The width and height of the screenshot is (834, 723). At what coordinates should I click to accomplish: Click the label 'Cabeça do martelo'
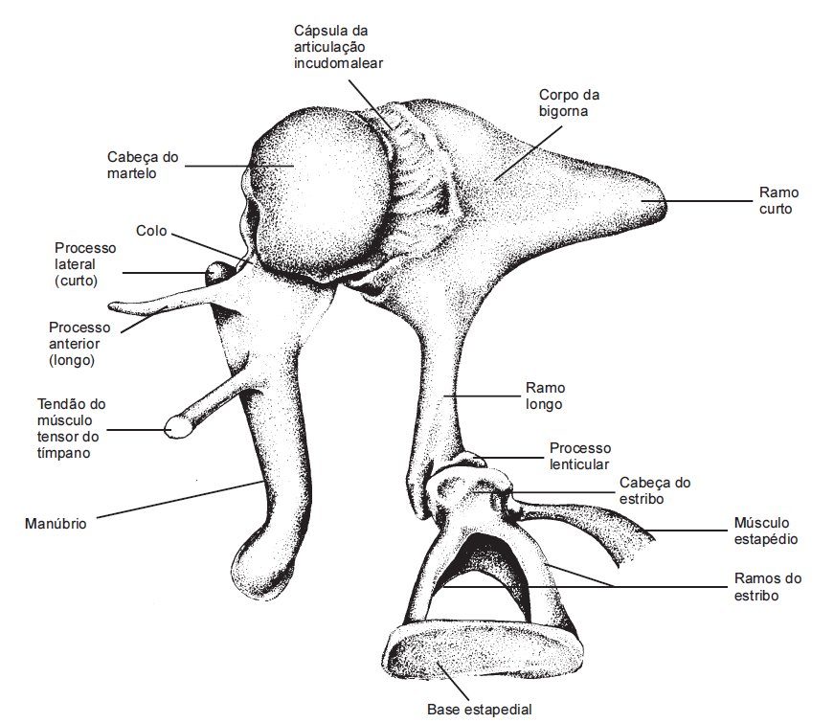point(143,165)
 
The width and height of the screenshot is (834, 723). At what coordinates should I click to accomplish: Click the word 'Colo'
point(151,231)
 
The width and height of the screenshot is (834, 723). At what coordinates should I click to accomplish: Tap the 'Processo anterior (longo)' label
point(79,344)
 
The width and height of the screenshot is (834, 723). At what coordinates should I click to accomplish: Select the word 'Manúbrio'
point(56,524)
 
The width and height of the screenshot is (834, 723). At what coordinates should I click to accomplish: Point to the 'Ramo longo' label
point(545,396)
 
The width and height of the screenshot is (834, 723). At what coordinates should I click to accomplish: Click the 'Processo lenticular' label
point(580,456)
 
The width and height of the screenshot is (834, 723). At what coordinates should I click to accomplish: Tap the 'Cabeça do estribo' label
point(655,490)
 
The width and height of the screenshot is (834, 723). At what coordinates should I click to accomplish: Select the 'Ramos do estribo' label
point(768,587)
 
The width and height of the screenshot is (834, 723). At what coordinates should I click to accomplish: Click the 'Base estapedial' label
point(479,710)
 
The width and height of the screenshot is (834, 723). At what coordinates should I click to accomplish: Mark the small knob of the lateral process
point(219,273)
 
